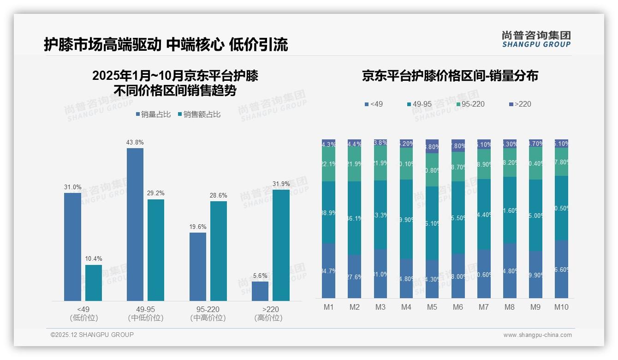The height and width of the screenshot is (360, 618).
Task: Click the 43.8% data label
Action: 135,142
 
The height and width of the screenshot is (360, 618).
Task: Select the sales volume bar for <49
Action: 72,247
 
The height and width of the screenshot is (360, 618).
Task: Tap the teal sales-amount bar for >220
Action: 281,245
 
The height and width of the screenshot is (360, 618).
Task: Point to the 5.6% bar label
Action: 260,276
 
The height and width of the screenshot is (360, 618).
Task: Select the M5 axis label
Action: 432,307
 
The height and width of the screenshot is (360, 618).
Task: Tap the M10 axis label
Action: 561,307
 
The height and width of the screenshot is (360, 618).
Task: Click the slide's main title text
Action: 166,44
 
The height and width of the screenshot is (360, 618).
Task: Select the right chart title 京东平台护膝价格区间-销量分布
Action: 450,76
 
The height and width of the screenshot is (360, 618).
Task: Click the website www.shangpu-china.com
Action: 537,335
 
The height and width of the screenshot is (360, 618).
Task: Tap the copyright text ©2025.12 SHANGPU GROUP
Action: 92,335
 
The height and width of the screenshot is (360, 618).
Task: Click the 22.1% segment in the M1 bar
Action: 328,164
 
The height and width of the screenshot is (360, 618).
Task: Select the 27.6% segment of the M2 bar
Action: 354,276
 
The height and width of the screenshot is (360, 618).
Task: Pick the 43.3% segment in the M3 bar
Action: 380,215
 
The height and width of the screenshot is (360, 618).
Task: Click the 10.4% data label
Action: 94,258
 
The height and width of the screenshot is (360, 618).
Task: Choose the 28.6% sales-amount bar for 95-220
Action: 219,251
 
